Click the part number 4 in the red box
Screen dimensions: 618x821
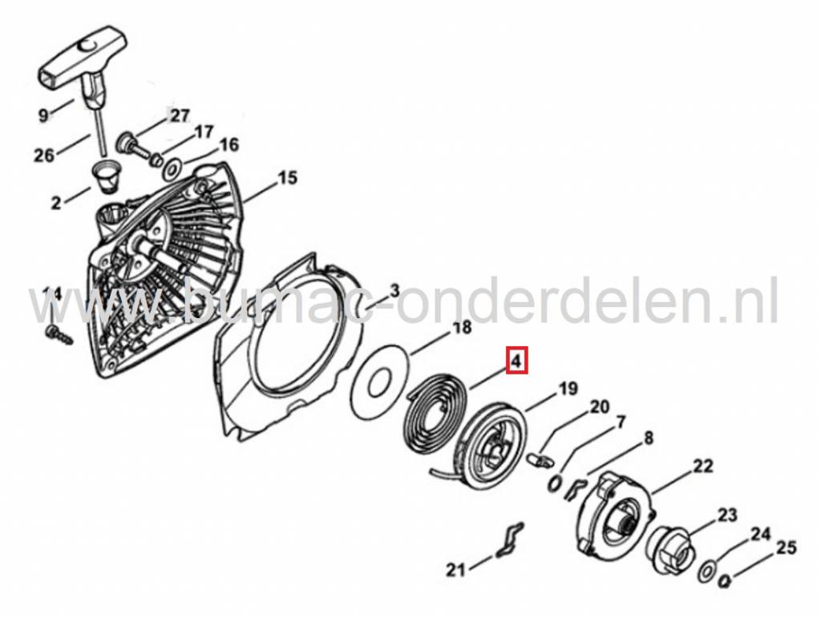pos(517,362)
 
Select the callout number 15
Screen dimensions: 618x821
pos(286,179)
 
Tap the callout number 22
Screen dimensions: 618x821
pos(702,465)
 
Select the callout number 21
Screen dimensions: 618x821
pos(455,571)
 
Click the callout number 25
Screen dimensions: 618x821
pos(787,548)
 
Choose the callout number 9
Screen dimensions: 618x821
pos(43,115)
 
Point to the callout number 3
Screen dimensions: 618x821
pos(394,290)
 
